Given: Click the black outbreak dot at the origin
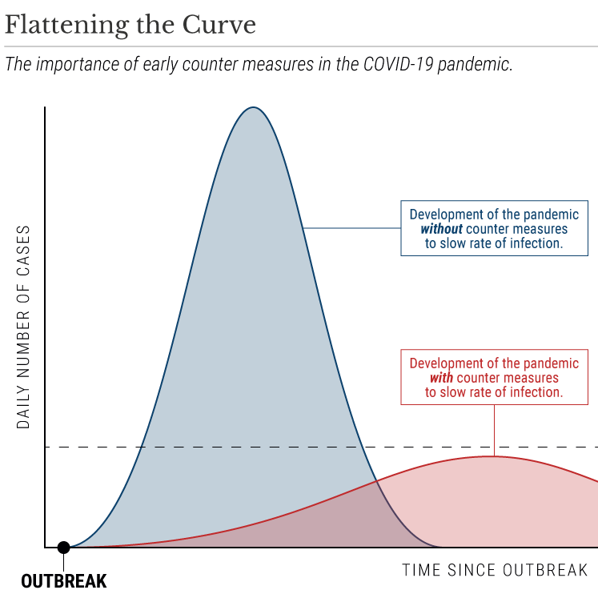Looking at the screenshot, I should [x=63, y=548].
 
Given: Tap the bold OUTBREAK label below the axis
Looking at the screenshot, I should [x=63, y=580].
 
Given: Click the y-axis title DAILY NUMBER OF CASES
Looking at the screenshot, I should [x=23, y=327].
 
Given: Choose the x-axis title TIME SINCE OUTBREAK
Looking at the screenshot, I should [x=495, y=570].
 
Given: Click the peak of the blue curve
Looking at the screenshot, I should [x=253, y=107].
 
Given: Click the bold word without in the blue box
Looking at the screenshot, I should [x=441, y=229].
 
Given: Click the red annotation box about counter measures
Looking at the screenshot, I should [x=494, y=377].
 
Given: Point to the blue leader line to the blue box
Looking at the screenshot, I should [x=352, y=228].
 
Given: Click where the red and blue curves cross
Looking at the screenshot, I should [x=375, y=480].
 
